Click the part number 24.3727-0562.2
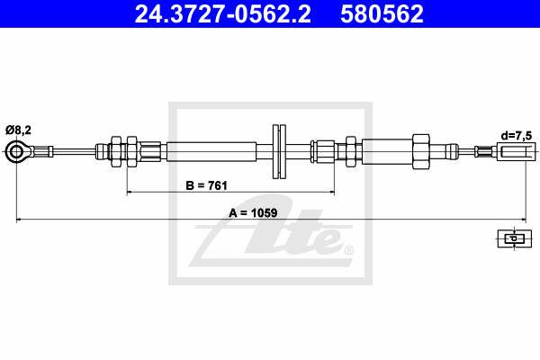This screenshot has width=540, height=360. coord(222,14)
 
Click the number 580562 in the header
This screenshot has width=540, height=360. coord(382,14)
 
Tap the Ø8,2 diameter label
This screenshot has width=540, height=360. coord(18,130)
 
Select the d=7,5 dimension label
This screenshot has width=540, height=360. coord(517,136)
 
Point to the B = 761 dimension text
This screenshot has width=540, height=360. coord(207,185)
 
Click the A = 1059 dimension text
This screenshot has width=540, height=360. coord(253,213)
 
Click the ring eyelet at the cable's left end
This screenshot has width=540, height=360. coord(16,151)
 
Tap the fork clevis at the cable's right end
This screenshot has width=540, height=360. coord(517,152)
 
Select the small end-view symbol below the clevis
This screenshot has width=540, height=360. coord(514,238)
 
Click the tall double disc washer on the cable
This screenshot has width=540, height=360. coord(279,151)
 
